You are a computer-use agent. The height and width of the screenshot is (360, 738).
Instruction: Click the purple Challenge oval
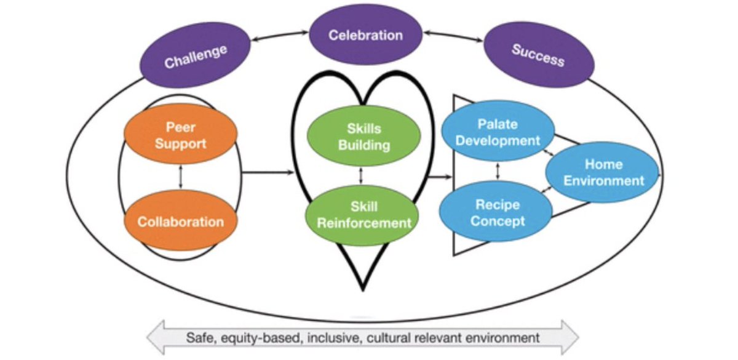pyautogui.click(x=195, y=55)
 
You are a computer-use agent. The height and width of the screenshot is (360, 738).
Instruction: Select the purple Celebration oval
pyautogui.click(x=365, y=34)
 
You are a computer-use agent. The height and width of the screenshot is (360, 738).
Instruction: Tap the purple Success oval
pyautogui.click(x=539, y=54)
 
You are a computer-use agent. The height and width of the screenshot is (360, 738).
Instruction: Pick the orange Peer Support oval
pyautogui.click(x=181, y=134)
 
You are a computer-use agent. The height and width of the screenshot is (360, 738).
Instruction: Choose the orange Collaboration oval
pyautogui.click(x=181, y=220)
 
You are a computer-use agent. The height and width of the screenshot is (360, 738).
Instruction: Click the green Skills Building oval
pyautogui.click(x=363, y=136)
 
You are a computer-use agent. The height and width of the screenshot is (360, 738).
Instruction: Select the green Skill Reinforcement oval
pyautogui.click(x=362, y=215)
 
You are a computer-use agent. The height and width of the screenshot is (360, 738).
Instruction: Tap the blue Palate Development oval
pyautogui.click(x=498, y=131)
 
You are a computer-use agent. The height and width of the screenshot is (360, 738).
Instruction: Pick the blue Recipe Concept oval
pyautogui.click(x=496, y=211)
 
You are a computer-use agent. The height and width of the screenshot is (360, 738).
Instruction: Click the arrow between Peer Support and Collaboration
pyautogui.click(x=180, y=177)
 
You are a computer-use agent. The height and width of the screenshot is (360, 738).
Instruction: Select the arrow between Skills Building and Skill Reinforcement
pyautogui.click(x=361, y=175)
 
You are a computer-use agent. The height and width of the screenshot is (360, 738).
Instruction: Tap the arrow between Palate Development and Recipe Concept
pyautogui.click(x=498, y=171)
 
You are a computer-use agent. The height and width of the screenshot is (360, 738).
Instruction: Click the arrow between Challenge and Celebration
pyautogui.click(x=280, y=36)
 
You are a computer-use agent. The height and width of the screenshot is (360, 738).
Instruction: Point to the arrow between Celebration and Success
pyautogui.click(x=453, y=36)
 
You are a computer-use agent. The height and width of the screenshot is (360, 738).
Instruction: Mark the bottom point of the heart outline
pyautogui.click(x=363, y=290)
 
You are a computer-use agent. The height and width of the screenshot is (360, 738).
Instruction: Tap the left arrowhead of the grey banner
pyautogui.click(x=156, y=338)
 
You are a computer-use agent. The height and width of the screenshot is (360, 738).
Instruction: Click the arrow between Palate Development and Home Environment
pyautogui.click(x=549, y=153)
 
